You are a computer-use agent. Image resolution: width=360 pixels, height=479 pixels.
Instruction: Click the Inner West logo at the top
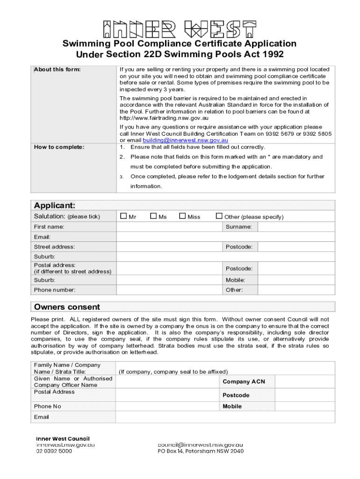(x=180, y=29)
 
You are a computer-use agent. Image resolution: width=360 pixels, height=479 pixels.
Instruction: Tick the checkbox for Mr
(x=123, y=216)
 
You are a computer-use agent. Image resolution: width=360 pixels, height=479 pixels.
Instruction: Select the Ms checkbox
(x=153, y=216)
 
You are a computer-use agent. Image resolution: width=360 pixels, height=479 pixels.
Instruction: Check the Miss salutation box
(x=182, y=216)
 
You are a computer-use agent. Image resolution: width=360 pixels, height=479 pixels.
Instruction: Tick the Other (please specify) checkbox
(x=219, y=216)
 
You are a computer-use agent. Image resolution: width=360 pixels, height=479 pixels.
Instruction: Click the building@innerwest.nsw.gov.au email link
(x=185, y=140)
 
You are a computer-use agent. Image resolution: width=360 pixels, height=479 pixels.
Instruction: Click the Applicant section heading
(x=54, y=206)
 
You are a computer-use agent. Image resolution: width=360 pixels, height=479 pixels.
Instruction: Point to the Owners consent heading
(x=67, y=307)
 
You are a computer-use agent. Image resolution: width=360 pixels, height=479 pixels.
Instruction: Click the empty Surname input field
(x=296, y=227)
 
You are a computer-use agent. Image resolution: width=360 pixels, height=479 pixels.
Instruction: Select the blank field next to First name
(x=169, y=227)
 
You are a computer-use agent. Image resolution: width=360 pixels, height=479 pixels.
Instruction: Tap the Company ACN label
(x=244, y=382)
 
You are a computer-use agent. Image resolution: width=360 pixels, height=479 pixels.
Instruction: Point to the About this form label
(x=57, y=70)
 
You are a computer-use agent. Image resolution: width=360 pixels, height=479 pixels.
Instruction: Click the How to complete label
(x=59, y=147)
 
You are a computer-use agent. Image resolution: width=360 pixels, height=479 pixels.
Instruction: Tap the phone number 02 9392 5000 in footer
(x=54, y=451)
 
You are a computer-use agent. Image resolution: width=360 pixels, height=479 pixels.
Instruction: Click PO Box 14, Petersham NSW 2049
(x=200, y=451)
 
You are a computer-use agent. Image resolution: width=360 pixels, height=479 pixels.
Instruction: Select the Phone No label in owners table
(x=47, y=406)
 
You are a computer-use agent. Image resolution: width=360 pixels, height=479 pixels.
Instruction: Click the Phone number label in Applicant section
(x=54, y=290)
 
